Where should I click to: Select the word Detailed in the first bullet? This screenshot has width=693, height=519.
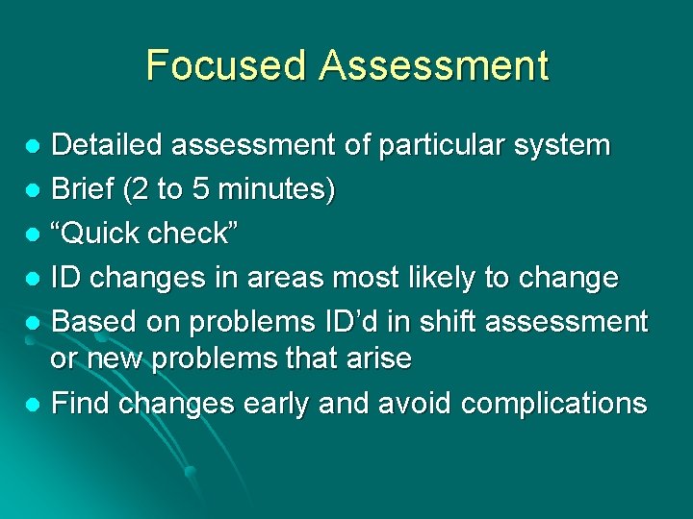point(108,145)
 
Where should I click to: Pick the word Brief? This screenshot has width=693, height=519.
point(84,189)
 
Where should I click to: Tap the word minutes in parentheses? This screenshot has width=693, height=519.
point(273,189)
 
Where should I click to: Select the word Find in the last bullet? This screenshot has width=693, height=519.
point(79,403)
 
